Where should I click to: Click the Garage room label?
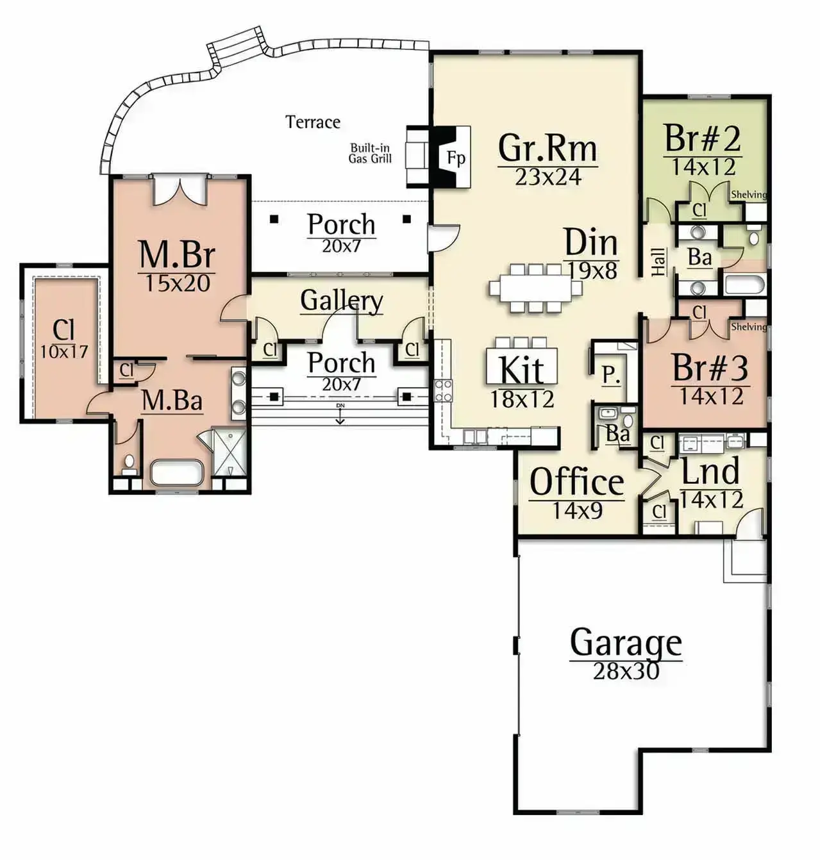[x=626, y=643]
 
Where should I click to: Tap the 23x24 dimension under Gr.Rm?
[x=548, y=177]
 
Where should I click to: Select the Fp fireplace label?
[x=456, y=158]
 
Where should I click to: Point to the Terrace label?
[x=313, y=122]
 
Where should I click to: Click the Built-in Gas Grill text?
[x=370, y=153]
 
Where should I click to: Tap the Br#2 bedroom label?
[x=703, y=138]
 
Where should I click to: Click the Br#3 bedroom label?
[x=710, y=368]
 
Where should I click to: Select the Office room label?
[x=576, y=482]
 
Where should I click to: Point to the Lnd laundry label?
[x=710, y=472]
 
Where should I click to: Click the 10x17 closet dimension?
[x=64, y=351]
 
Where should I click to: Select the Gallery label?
[x=342, y=301]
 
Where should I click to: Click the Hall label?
[x=658, y=262]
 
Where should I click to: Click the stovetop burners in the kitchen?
[x=443, y=391]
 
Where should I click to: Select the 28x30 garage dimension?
[x=626, y=672]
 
